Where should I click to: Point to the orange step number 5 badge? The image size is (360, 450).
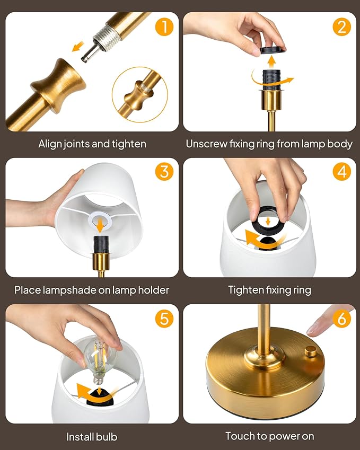point(165,318)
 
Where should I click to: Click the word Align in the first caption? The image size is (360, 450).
point(50,144)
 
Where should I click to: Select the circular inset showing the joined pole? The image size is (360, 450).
point(139,94)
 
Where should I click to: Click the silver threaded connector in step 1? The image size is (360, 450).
point(99,42)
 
